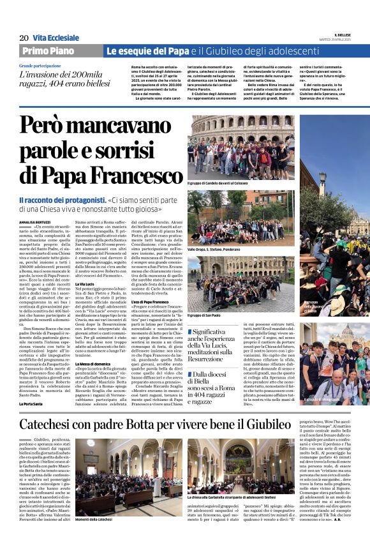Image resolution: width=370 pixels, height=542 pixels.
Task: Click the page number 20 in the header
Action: coord(24,38)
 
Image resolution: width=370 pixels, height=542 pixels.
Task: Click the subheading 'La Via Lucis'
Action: coord(86,283)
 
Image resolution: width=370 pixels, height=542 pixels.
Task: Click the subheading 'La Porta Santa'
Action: coord(31,403)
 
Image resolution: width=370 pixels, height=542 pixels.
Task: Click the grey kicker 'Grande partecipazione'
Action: coord(40,66)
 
